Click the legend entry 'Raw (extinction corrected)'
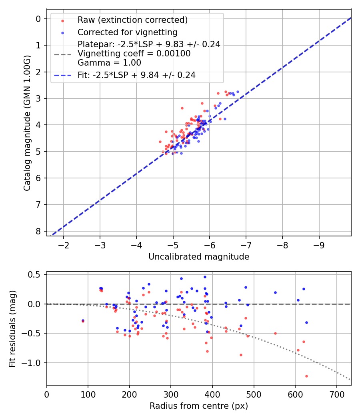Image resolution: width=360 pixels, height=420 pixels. point(132,20)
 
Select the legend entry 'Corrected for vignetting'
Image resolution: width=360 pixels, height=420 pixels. point(127,32)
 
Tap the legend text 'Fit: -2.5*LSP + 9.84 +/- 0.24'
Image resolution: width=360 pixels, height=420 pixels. point(136,75)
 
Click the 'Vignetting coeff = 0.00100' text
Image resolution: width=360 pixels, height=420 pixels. point(134,54)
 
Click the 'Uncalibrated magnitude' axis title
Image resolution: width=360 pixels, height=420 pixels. point(199,257)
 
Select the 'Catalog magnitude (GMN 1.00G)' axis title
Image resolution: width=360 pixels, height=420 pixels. point(27,123)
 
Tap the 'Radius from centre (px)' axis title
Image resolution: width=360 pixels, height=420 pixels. point(199,406)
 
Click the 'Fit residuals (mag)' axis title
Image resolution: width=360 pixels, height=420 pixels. point(12,328)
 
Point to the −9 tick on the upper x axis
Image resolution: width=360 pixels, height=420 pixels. point(319,244)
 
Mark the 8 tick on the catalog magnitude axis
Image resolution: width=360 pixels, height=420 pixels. point(38,231)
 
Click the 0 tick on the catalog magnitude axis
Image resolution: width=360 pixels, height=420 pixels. point(38,19)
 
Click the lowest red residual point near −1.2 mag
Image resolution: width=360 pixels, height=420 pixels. point(306,376)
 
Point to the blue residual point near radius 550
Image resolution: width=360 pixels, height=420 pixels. point(275,292)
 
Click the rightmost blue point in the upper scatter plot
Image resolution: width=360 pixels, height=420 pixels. point(238,92)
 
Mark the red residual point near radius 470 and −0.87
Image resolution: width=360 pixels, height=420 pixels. point(241,355)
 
